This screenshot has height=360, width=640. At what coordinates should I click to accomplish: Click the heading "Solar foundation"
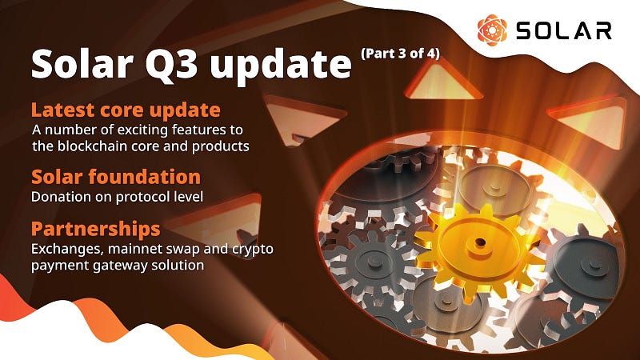coord(115,176)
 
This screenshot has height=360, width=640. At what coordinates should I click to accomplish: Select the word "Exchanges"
coord(64,249)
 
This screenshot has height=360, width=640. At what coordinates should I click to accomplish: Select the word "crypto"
coord(254,249)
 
